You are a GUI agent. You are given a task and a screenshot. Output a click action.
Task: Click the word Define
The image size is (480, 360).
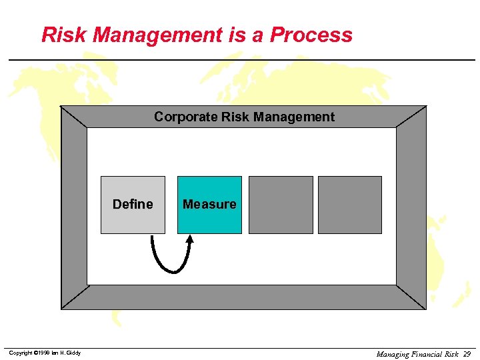coord(133,204)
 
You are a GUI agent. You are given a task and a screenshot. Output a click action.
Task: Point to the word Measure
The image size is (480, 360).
coord(209,204)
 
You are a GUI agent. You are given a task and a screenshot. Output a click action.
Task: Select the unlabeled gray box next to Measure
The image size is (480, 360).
coord(281,205)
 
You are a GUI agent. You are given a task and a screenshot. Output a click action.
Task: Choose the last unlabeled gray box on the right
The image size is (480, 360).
coord(350,205)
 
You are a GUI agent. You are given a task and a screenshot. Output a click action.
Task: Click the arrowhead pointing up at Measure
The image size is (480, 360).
coord(190,239)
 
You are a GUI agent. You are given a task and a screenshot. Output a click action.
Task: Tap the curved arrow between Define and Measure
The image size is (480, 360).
coord(169,268)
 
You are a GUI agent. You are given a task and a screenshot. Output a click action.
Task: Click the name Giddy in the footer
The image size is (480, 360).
coord(73,353)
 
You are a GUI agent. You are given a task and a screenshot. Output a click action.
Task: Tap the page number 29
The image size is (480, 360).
coord(467,354)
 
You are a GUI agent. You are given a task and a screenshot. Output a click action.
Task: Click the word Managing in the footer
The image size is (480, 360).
coord(393,354)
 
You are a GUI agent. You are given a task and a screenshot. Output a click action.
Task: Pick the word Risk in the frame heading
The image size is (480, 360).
coord(234,117)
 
